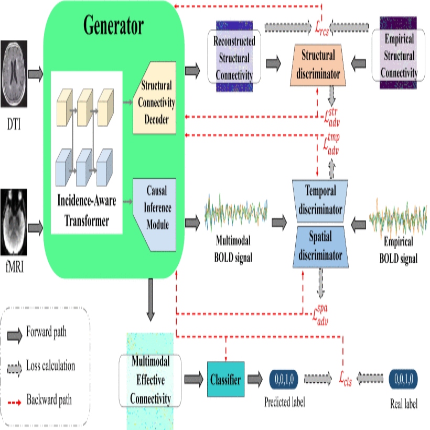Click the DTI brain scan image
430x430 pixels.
14,73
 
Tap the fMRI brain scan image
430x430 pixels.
14,222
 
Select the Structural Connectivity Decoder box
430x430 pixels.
154,98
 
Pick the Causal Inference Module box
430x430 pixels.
155,214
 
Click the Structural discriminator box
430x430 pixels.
318,65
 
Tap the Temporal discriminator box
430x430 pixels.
320,201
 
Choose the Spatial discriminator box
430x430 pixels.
320,247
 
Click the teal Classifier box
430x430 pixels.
225,379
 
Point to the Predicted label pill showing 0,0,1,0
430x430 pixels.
284,379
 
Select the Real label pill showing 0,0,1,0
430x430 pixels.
403,379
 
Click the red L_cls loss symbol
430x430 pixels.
345,379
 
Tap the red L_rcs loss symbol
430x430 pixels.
321,28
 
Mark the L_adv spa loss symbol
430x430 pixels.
320,315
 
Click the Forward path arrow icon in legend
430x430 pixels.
15,335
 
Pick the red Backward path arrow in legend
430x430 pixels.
15,403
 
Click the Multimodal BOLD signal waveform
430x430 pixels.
236,212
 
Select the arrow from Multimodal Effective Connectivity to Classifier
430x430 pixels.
193,379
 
